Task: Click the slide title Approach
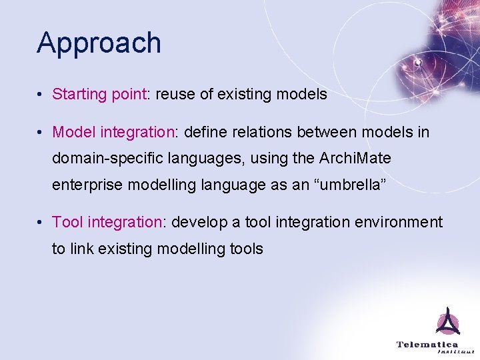point(99,43)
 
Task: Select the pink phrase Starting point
point(99,95)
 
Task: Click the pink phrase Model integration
point(113,133)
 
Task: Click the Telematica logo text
point(427,344)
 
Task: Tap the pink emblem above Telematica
point(448,323)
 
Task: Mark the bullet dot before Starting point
point(41,95)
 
